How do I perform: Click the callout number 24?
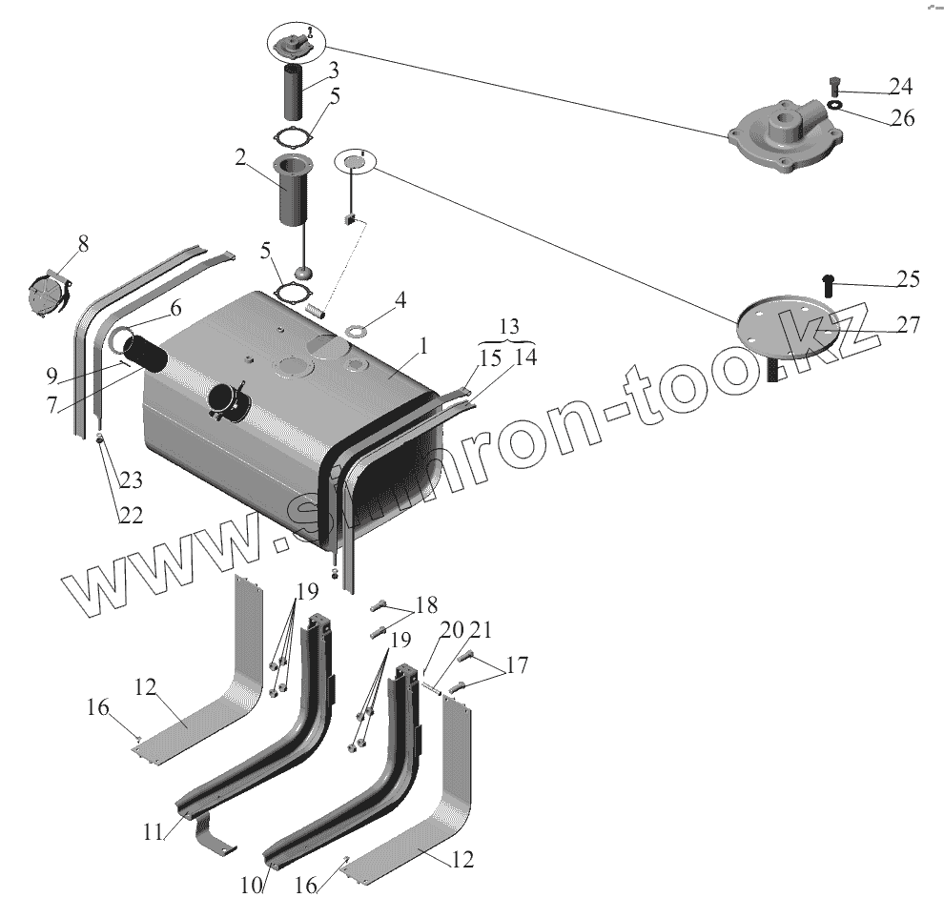900,87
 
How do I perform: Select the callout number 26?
902,118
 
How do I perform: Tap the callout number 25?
907,279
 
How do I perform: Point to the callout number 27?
908,325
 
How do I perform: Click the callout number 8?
84,243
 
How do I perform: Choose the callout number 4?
400,299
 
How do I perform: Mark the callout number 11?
154,831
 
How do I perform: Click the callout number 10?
250,886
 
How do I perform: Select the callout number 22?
131,515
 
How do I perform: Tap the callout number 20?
452,629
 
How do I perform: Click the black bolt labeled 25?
828,281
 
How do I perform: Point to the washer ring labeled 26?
833,106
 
